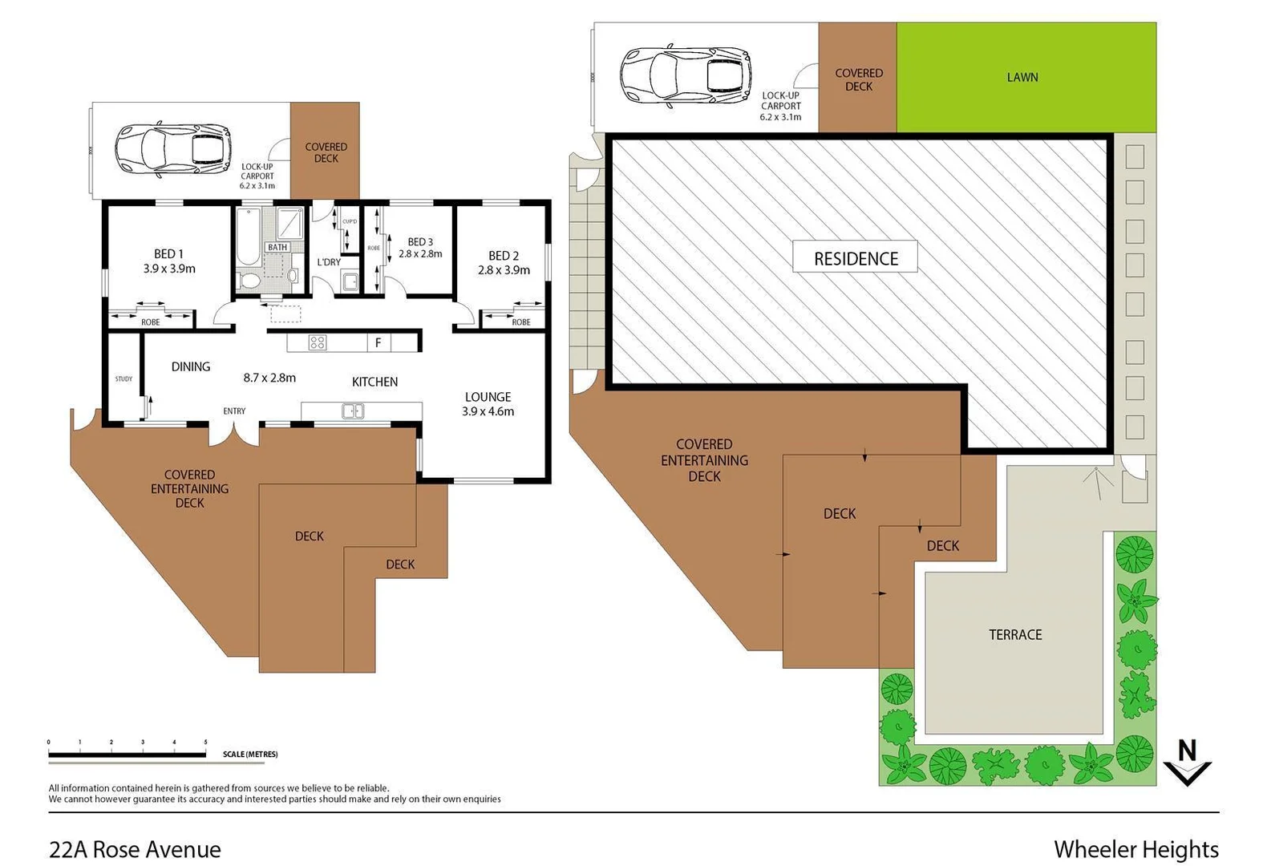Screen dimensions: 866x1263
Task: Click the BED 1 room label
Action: [169, 261]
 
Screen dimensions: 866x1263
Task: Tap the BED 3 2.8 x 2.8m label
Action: [420, 248]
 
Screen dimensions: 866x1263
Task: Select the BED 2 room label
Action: [504, 263]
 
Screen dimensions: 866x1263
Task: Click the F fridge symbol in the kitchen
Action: [378, 342]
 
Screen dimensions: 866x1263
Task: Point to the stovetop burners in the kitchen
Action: [318, 342]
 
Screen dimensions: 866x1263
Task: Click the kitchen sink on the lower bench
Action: [353, 411]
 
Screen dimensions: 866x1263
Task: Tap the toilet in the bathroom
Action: [249, 281]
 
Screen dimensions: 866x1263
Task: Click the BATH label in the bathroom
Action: [277, 247]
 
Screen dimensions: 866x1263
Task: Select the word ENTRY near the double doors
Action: [234, 411]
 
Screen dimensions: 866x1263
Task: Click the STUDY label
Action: [123, 378]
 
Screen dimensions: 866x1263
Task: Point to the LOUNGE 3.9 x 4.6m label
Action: [488, 404]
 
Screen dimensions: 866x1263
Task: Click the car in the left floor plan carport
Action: [172, 150]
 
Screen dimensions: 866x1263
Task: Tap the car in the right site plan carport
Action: [686, 75]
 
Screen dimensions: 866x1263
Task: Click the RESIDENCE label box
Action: [855, 258]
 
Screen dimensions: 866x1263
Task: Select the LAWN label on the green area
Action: [1022, 77]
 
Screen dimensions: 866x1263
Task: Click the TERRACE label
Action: [1015, 634]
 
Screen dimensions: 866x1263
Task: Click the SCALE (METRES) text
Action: [250, 755]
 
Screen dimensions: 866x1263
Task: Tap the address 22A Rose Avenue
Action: [135, 849]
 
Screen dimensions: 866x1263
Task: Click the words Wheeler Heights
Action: [1135, 849]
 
